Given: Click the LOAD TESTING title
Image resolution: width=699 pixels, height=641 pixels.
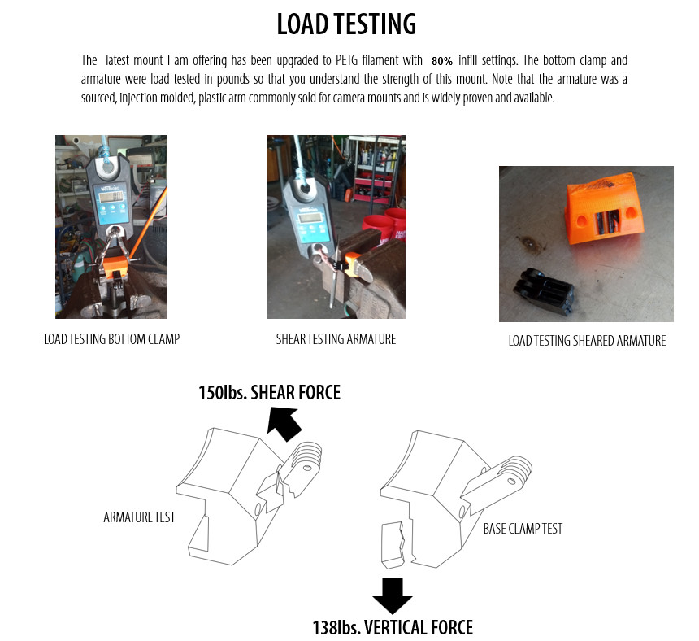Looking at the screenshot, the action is pos(346,24).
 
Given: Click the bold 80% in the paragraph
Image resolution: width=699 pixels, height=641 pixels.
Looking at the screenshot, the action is pos(442,61).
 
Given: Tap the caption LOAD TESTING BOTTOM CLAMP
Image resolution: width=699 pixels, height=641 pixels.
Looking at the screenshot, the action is pos(111,339).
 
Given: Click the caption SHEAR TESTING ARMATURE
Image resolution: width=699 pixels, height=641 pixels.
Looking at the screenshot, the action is pos(336,339).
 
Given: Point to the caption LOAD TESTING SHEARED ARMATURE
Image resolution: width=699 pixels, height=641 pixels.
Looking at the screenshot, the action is pos(587,341).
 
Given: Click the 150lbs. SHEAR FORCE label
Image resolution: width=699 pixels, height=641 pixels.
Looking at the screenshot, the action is pos(269,393).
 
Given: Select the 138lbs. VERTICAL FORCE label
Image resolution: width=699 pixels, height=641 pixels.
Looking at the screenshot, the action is pos(393,627).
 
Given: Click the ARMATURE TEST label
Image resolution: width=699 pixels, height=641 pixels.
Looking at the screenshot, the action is pos(139,517).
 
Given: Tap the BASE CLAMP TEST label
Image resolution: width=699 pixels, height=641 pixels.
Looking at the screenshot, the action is pos(523,529).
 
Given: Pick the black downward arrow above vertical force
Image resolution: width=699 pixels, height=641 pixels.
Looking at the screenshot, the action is pos(393,595).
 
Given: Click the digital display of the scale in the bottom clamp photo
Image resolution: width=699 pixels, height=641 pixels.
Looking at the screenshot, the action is pos(111,196).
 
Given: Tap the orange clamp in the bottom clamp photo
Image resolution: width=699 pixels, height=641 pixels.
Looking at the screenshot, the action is pos(116,267).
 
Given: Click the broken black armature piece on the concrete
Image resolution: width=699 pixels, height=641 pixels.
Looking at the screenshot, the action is pos(543,291).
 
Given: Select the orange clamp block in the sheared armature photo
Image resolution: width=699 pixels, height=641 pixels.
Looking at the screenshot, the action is pos(606,209).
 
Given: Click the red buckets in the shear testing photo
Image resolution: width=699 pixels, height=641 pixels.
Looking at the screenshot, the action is pos(384,227).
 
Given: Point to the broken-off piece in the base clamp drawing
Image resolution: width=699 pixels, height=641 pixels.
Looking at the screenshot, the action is pos(393,545).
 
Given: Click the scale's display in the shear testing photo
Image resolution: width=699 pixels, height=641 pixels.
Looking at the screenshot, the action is pos(310,218).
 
